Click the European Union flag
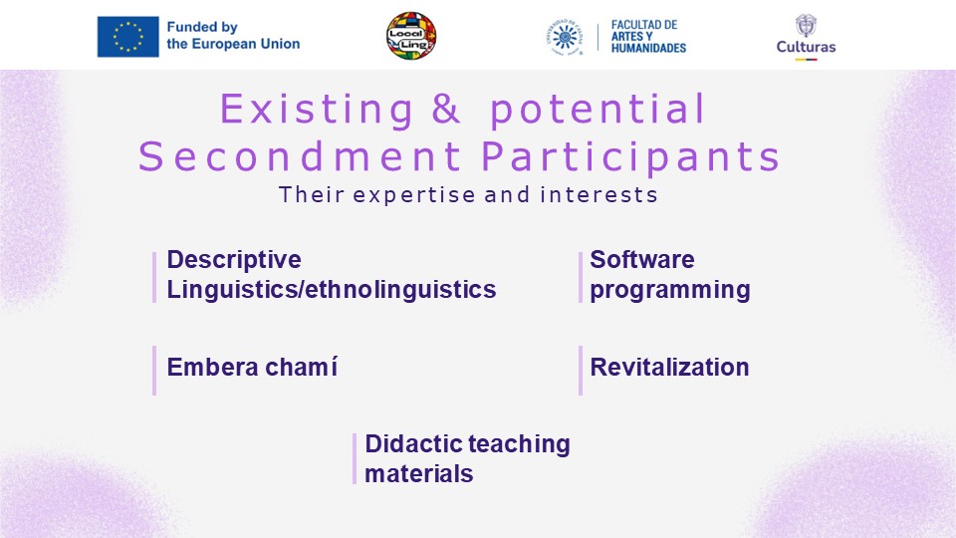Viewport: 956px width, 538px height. click(x=128, y=37)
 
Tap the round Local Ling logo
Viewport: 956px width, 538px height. click(x=411, y=36)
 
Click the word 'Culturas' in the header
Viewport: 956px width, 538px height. click(x=806, y=47)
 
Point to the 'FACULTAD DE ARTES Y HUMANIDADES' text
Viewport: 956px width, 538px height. click(x=648, y=36)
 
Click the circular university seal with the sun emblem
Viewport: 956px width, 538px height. click(x=565, y=37)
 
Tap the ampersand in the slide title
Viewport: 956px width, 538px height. click(x=446, y=109)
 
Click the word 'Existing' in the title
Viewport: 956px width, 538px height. click(x=317, y=111)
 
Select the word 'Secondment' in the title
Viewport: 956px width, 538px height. click(x=300, y=156)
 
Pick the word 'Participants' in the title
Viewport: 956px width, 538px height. click(x=631, y=157)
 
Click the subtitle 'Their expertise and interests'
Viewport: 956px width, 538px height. click(x=468, y=194)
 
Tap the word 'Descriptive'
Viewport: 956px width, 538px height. click(x=234, y=260)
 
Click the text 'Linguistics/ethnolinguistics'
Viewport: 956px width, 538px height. click(x=332, y=289)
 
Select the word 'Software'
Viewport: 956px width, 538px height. click(x=642, y=259)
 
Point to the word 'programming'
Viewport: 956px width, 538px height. click(x=670, y=290)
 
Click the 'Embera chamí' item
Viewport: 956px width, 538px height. click(x=252, y=368)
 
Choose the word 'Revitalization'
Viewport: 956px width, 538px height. click(x=669, y=368)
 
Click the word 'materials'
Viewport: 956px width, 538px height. click(x=419, y=474)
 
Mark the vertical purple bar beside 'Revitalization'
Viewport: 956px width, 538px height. click(x=581, y=371)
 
